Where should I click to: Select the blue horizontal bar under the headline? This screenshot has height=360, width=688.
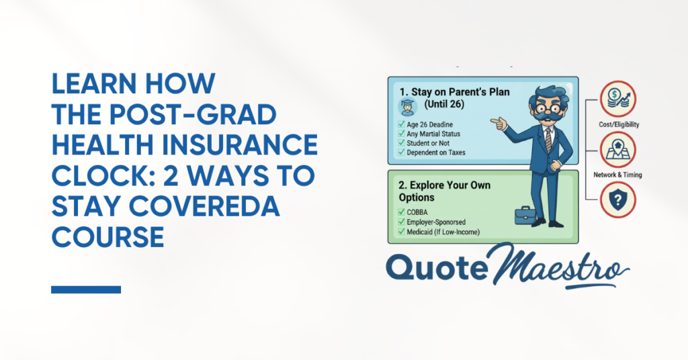[86, 289]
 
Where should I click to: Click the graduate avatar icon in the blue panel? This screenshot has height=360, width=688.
[408, 107]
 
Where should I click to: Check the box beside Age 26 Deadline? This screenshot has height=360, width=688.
[401, 124]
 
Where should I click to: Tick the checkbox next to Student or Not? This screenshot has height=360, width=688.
[401, 143]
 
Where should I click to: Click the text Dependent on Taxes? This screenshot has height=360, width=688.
[435, 152]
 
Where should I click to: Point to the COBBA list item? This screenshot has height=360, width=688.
[417, 212]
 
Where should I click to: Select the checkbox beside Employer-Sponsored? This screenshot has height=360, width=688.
[401, 222]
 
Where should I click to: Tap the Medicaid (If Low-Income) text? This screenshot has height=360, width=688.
[443, 232]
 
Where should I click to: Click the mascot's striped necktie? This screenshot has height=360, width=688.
[548, 140]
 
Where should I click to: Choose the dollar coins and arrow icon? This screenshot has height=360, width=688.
[618, 99]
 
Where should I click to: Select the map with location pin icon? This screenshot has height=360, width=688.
[618, 150]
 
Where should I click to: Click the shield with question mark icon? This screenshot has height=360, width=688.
[618, 200]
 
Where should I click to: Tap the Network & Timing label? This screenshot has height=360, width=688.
[618, 175]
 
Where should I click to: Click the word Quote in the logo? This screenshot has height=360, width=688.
[437, 267]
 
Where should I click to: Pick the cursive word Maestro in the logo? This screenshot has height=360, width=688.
[560, 265]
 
